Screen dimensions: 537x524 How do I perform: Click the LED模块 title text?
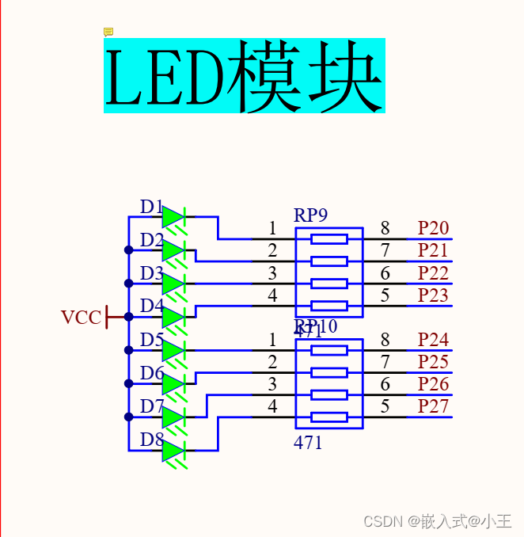[x=244, y=76]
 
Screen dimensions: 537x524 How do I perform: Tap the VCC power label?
[x=82, y=318]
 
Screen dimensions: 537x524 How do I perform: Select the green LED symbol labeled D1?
[x=173, y=217]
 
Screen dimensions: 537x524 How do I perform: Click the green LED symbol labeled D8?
[x=173, y=451]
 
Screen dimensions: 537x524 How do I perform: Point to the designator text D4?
[x=151, y=305]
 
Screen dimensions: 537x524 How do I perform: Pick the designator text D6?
[x=151, y=372]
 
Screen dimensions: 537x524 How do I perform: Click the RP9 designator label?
[x=310, y=215]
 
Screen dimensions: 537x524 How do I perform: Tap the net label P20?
[x=433, y=229]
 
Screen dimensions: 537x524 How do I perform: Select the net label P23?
[x=433, y=296]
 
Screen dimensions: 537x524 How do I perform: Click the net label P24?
[x=433, y=341]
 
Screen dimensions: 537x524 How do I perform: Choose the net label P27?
[x=433, y=407]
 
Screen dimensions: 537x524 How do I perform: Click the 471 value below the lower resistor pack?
[x=308, y=443]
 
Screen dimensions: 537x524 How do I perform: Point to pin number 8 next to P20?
[x=385, y=229]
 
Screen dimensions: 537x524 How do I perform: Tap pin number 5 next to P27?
[x=385, y=407]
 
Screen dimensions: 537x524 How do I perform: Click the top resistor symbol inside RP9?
[x=328, y=239]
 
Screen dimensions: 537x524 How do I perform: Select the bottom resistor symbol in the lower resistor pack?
[x=328, y=417]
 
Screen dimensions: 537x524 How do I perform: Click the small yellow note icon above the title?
[x=108, y=32]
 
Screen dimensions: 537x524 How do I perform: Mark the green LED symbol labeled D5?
[x=173, y=351]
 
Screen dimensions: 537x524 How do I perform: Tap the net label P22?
[x=433, y=273]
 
